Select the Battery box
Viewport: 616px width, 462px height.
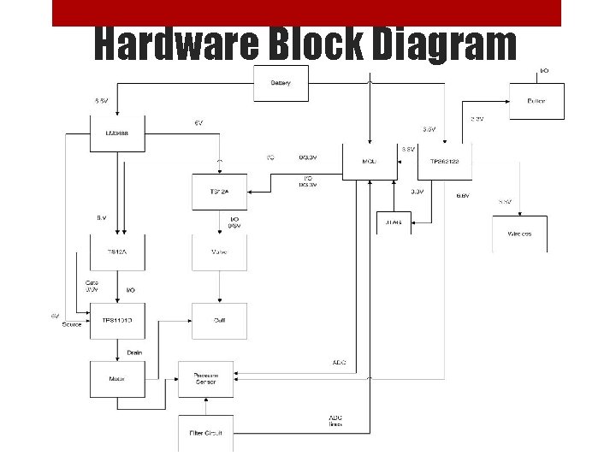pyautogui.click(x=281, y=83)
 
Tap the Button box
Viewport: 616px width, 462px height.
pyautogui.click(x=536, y=101)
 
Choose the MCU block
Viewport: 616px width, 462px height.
pyautogui.click(x=370, y=161)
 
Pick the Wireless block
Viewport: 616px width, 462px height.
pyautogui.click(x=519, y=234)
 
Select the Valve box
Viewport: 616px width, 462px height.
pyautogui.click(x=219, y=252)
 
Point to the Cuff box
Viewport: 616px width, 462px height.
pyautogui.click(x=219, y=320)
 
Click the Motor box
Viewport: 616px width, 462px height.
pyautogui.click(x=117, y=378)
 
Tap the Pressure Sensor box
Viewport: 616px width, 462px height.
pyautogui.click(x=205, y=378)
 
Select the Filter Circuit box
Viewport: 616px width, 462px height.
pyautogui.click(x=205, y=433)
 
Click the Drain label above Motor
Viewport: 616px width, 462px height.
pyautogui.click(x=134, y=352)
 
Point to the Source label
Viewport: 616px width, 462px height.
pyautogui.click(x=72, y=324)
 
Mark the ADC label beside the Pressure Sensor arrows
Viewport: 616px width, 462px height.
pyautogui.click(x=339, y=363)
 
